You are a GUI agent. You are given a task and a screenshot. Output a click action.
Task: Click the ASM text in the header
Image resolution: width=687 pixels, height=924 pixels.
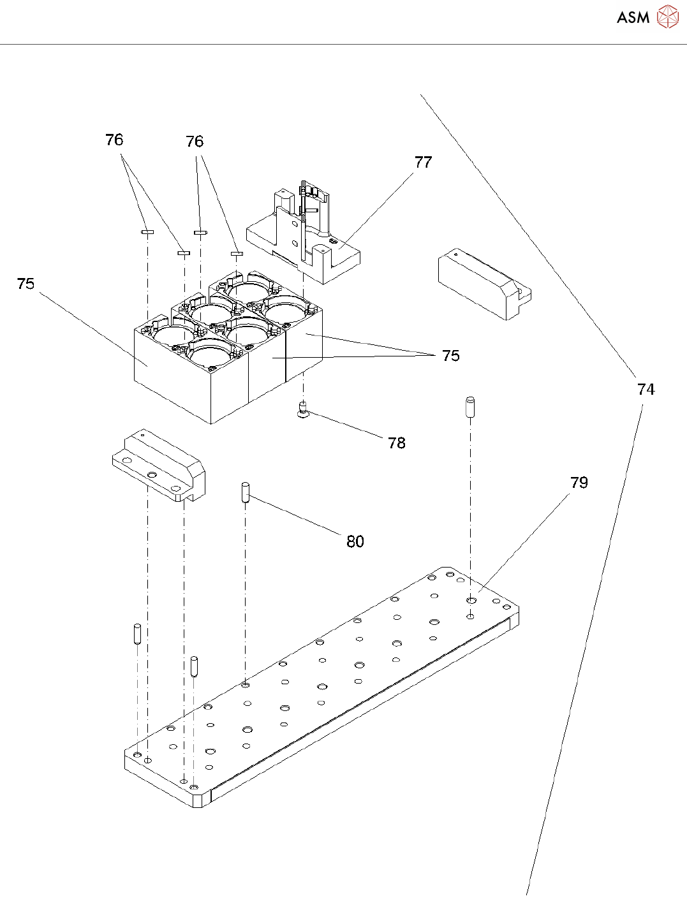pyautogui.click(x=633, y=17)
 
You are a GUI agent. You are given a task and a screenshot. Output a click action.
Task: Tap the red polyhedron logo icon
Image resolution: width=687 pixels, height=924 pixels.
pyautogui.click(x=667, y=17)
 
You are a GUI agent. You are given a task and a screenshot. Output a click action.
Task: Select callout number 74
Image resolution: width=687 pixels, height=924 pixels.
pyautogui.click(x=646, y=389)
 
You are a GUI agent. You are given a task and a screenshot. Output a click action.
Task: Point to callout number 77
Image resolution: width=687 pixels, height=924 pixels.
pyautogui.click(x=423, y=162)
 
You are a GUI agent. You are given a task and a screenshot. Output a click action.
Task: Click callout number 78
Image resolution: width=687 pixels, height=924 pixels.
pyautogui.click(x=396, y=443)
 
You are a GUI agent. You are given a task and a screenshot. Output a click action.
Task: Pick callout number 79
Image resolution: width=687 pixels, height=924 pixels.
pyautogui.click(x=579, y=483)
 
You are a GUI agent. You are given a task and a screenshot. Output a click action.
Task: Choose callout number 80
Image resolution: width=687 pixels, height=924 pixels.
pyautogui.click(x=355, y=541)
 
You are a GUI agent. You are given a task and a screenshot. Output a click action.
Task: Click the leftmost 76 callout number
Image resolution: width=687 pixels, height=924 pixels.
pyautogui.click(x=114, y=140)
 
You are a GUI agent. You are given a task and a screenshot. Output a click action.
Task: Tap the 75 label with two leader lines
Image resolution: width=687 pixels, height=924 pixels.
pyautogui.click(x=450, y=355)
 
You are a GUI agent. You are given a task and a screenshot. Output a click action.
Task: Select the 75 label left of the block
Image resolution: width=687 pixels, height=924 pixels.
pyautogui.click(x=26, y=284)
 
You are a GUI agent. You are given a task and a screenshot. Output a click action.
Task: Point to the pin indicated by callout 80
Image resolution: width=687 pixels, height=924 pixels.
pyautogui.click(x=246, y=492)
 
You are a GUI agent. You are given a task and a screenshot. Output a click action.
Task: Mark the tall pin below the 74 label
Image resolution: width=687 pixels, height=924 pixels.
pyautogui.click(x=470, y=407)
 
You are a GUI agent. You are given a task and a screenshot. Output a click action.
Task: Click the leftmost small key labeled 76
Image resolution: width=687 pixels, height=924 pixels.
pyautogui.click(x=147, y=231)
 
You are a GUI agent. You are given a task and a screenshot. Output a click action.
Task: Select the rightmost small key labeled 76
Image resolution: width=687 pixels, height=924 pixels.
pyautogui.click(x=237, y=253)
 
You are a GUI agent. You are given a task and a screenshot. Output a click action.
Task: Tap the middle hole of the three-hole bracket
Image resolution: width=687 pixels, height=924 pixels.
pyautogui.click(x=151, y=474)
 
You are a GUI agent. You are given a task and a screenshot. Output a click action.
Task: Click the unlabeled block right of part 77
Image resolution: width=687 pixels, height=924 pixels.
pyautogui.click(x=484, y=284)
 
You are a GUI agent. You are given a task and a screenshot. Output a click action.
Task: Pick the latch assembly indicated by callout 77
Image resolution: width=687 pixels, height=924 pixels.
pyautogui.click(x=304, y=233)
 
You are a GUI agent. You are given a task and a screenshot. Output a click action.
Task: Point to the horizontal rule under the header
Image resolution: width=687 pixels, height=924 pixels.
pyautogui.click(x=343, y=44)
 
